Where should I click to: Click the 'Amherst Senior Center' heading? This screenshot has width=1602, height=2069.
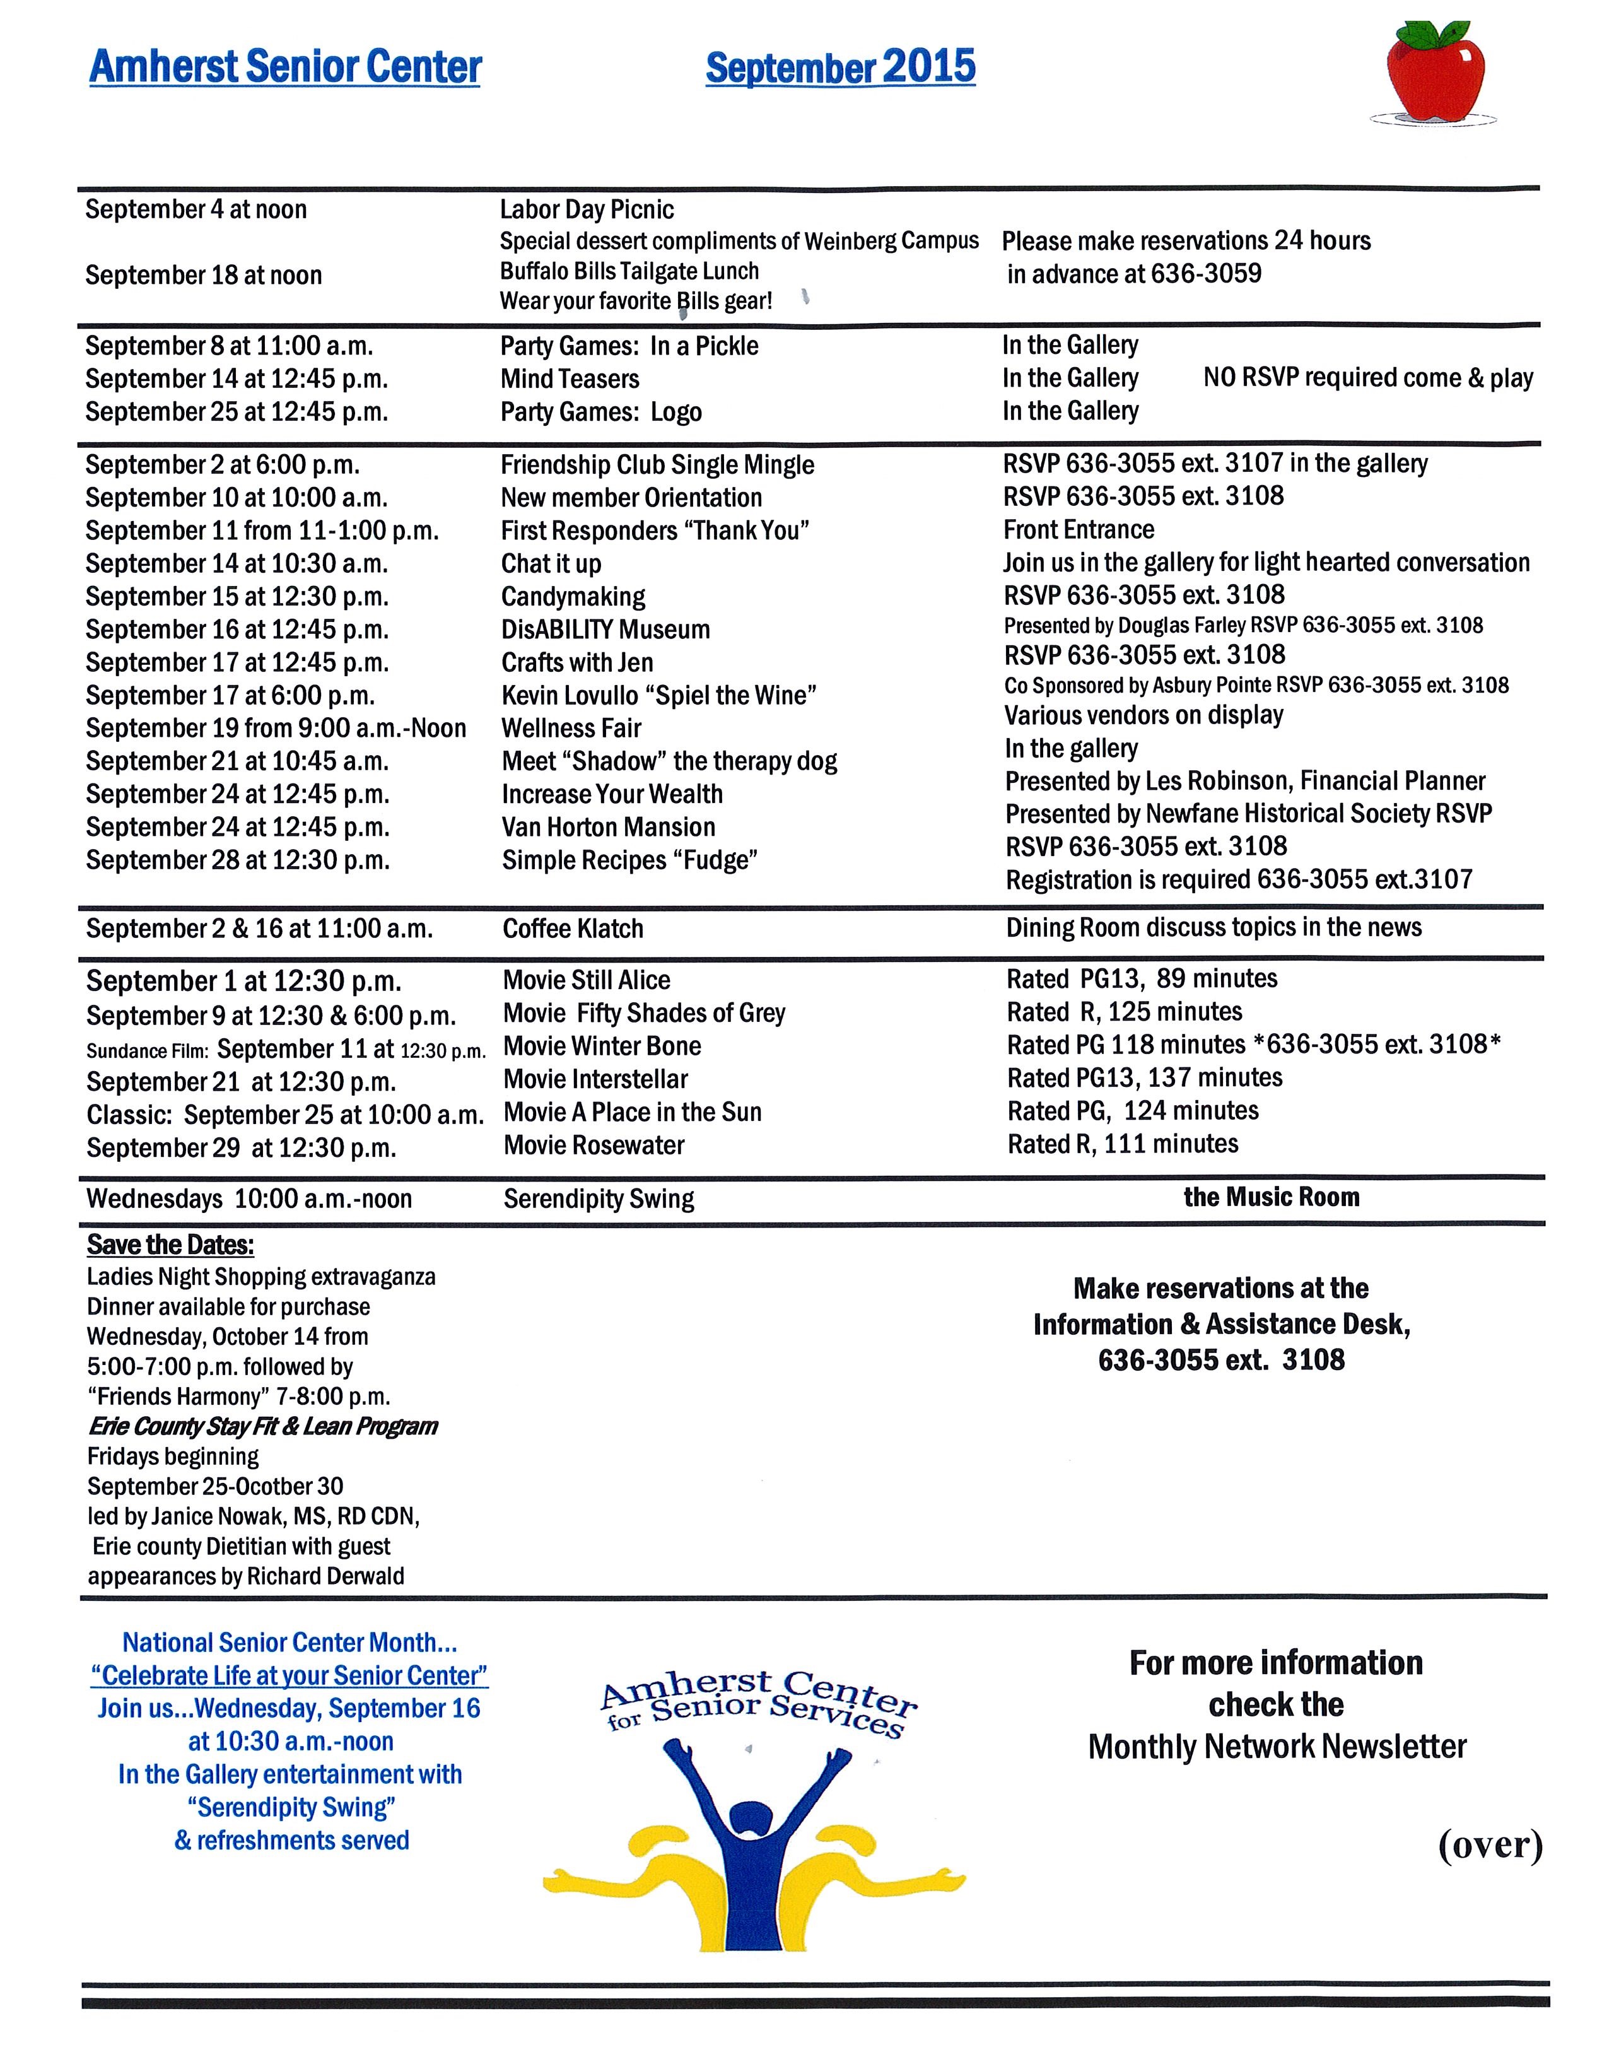point(285,67)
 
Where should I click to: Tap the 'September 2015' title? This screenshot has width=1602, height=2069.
point(840,67)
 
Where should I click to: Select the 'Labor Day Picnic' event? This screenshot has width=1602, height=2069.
point(587,209)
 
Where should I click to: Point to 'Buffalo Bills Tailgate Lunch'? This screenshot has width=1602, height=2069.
point(629,271)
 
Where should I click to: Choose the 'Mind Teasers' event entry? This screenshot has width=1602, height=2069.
point(570,379)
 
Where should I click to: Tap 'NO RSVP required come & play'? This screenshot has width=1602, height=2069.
point(1367,378)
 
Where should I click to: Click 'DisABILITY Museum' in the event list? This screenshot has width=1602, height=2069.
point(605,630)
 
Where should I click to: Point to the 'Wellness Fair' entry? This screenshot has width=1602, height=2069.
point(571,729)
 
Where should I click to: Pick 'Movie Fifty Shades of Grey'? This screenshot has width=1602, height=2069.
point(644,1014)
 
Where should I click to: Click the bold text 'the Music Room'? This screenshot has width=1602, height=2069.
point(1272,1197)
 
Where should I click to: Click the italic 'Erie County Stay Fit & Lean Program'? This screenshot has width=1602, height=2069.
point(262,1427)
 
